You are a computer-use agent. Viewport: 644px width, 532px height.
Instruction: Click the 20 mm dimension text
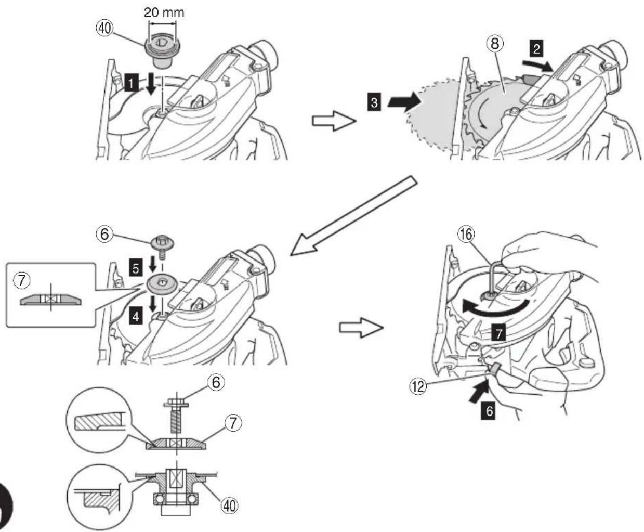coord(164,12)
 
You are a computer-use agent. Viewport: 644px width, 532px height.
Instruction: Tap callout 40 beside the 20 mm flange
coord(105,29)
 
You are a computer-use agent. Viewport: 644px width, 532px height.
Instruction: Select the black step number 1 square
coord(132,83)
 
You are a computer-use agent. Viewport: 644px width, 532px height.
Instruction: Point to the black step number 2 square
coord(536,48)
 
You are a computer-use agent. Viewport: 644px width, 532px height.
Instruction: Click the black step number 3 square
coord(374,102)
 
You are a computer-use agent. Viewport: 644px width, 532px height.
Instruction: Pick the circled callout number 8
coord(495,44)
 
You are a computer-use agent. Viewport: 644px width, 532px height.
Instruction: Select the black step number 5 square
coord(136,268)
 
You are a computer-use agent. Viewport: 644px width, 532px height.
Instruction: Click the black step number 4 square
coord(136,316)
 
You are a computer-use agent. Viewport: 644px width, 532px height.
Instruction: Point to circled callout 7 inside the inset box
coord(22,281)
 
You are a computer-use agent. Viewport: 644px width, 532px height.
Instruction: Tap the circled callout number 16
coord(466,234)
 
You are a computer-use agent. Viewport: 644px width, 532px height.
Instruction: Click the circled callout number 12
coord(418,386)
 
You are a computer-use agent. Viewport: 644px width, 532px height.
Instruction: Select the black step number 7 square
coord(499,333)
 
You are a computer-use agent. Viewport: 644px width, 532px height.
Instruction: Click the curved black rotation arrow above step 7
coord(497,310)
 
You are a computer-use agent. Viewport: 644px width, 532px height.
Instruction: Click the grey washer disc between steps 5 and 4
coord(162,284)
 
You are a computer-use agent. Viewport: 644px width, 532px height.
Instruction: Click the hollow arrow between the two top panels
coord(334,121)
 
